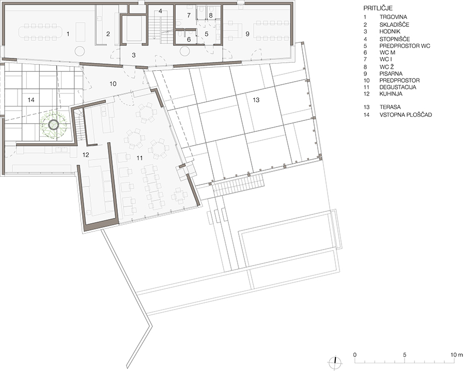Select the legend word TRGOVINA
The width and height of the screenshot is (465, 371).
[x=393, y=17]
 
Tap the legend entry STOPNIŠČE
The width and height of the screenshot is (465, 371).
[x=395, y=39]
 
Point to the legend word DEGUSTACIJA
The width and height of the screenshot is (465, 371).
[x=398, y=87]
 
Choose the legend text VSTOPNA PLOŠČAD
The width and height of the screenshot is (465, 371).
[x=406, y=115]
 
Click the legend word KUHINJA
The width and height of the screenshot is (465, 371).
[x=391, y=94]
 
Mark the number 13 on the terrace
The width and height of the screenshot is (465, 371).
[x=256, y=100]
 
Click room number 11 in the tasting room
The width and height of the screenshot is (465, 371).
[x=139, y=158]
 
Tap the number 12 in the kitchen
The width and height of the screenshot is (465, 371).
[x=86, y=154]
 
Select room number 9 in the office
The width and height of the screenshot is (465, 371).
[x=247, y=34]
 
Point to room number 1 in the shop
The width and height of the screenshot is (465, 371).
[x=68, y=34]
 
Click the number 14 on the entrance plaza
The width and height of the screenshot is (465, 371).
[x=31, y=100]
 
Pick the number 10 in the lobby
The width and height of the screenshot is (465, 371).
[x=113, y=84]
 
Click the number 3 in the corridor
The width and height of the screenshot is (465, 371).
[x=134, y=55]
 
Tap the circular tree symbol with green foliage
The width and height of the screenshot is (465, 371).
[x=54, y=125]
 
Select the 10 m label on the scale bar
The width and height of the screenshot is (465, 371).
[x=456, y=354]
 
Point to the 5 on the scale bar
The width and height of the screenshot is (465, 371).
[x=405, y=354]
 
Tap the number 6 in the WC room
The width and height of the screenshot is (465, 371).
[x=189, y=39]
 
